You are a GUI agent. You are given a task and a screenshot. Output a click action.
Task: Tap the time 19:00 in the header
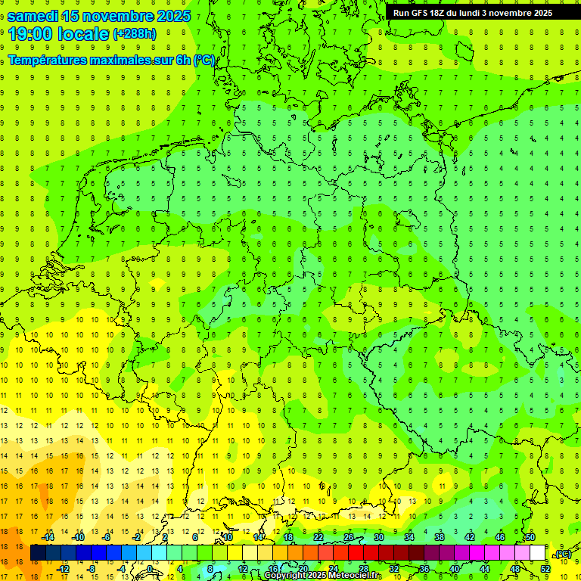[32, 33]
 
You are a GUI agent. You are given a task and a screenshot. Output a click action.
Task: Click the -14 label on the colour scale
[48, 537]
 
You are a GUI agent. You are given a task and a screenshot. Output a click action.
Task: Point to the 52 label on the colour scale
[545, 569]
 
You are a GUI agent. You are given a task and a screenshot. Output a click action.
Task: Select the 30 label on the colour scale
[379, 537]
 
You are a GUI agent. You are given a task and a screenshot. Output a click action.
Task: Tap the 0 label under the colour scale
[149, 569]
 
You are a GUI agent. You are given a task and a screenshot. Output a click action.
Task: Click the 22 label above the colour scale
[318, 537]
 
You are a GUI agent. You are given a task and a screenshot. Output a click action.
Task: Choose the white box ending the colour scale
[537, 553]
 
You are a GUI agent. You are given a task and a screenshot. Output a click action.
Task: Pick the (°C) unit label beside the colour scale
[563, 555]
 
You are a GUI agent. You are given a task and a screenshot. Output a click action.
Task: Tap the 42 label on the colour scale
[470, 537]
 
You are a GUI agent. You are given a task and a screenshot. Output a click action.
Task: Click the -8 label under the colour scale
[92, 569]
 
